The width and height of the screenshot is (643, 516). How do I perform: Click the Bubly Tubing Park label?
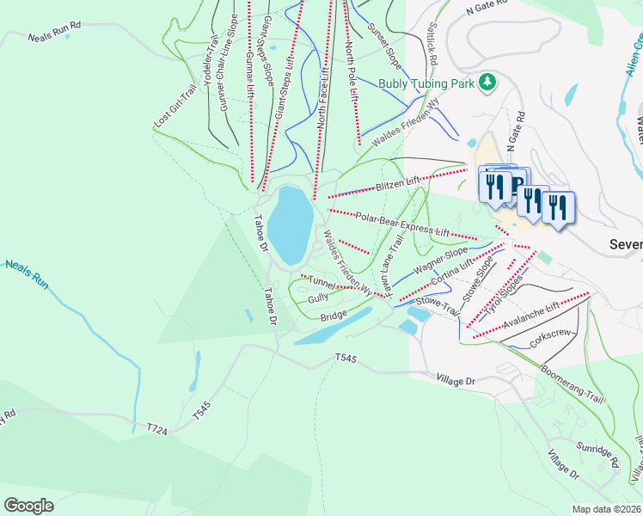pyautogui.click(x=426, y=83)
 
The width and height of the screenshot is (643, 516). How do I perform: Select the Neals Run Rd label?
pyautogui.click(x=54, y=38)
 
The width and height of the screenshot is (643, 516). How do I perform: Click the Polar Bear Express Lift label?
pyautogui.click(x=402, y=225)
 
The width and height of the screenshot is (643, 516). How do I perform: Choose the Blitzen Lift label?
pyautogui.click(x=398, y=183)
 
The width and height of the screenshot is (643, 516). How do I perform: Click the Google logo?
pyautogui.click(x=29, y=506)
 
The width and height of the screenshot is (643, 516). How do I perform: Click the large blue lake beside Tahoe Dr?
pyautogui.click(x=290, y=225)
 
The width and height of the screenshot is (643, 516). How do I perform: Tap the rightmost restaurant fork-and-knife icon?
pyautogui.click(x=559, y=207)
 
